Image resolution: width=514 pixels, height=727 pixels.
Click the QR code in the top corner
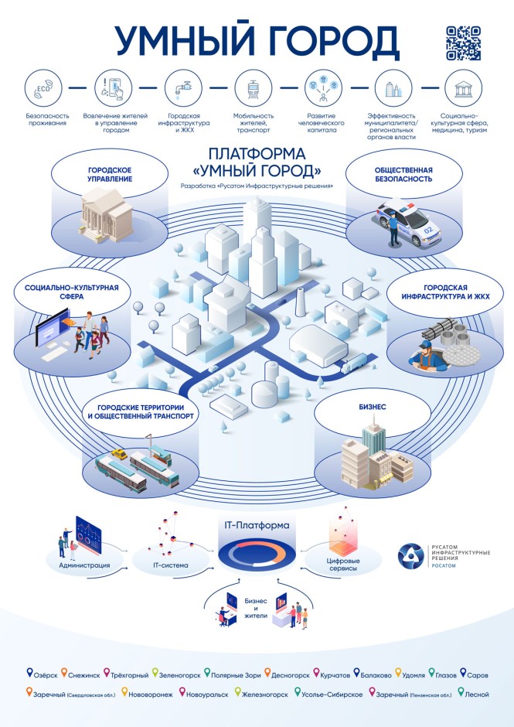point(464,43)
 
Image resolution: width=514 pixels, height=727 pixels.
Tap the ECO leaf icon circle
point(43,88)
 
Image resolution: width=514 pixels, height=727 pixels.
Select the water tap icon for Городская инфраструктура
point(183,88)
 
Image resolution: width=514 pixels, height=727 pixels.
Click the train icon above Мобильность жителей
point(253,88)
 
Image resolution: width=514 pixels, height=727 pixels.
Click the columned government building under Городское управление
point(107,215)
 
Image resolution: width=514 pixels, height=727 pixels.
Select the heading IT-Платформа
point(257,525)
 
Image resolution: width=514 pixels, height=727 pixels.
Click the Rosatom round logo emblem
point(410,556)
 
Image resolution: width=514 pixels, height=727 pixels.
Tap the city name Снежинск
point(84,675)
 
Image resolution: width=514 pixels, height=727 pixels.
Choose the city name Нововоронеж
point(151,695)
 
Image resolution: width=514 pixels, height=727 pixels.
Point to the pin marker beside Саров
point(462,672)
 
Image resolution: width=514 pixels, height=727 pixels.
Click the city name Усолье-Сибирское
point(332,695)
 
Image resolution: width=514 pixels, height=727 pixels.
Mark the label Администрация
point(84,565)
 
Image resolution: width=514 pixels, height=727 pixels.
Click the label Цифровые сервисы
point(343,565)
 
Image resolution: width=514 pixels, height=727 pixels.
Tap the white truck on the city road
point(354,363)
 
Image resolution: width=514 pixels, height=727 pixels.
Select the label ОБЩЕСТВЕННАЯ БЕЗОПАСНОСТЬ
point(403,174)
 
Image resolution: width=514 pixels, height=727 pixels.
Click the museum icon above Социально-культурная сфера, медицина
point(463,88)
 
